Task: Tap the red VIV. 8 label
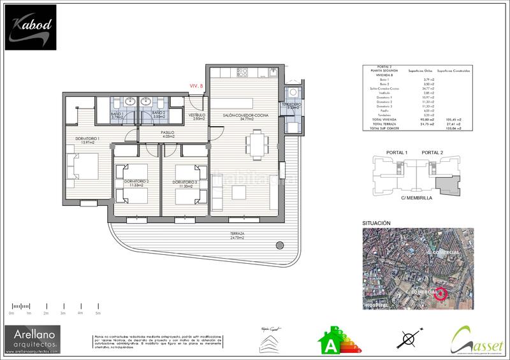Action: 196,85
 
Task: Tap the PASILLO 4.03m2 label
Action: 169,134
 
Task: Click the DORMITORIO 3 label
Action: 186,184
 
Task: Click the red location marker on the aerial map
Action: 440,294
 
